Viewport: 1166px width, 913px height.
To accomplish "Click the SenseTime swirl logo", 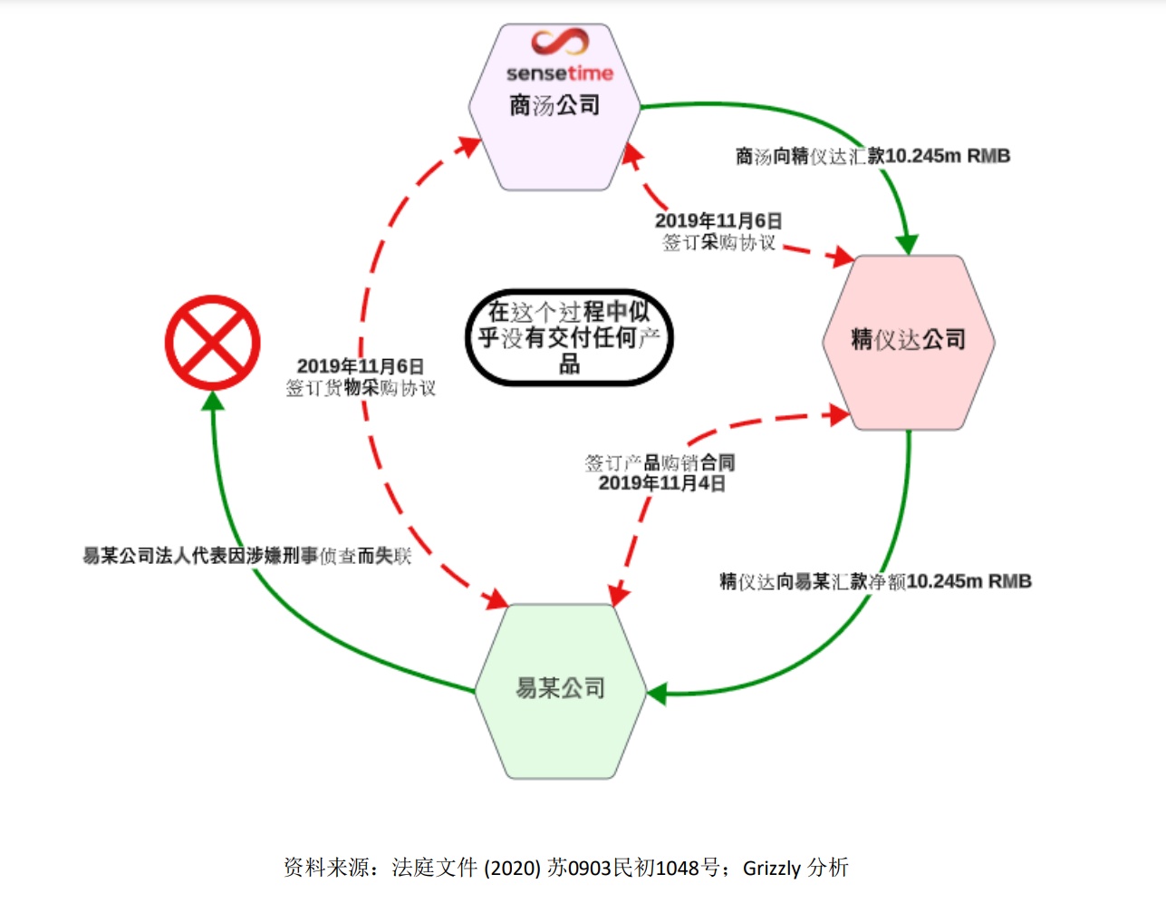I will click(x=560, y=43).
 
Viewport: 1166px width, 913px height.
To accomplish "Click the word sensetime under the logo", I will click(x=559, y=73).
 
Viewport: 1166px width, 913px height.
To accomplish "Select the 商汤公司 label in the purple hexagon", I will click(x=554, y=106).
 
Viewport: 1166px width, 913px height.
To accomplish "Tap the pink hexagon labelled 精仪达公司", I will click(x=909, y=340).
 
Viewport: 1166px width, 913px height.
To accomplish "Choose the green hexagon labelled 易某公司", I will click(x=560, y=689).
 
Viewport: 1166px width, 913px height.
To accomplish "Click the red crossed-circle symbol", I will click(x=213, y=342).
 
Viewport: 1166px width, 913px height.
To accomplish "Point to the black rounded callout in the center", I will click(x=569, y=337).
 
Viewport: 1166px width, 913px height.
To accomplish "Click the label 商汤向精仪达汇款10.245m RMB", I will click(x=872, y=156).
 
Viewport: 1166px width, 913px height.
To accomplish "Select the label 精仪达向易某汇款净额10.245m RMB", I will click(x=875, y=581).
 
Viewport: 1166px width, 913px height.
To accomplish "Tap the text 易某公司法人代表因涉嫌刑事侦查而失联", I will click(x=246, y=556).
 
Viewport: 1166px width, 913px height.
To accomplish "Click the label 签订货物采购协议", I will click(x=361, y=388).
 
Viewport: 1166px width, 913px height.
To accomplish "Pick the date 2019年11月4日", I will click(x=661, y=483).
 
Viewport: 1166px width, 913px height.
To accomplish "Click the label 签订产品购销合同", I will click(x=660, y=462).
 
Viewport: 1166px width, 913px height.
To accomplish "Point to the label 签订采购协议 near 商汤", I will click(x=718, y=242).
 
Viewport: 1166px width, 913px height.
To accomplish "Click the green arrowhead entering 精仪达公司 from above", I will click(x=907, y=244).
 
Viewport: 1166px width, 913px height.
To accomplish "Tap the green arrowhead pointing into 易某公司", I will click(x=657, y=694).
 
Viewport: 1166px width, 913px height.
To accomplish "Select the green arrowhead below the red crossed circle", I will click(x=214, y=401).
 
